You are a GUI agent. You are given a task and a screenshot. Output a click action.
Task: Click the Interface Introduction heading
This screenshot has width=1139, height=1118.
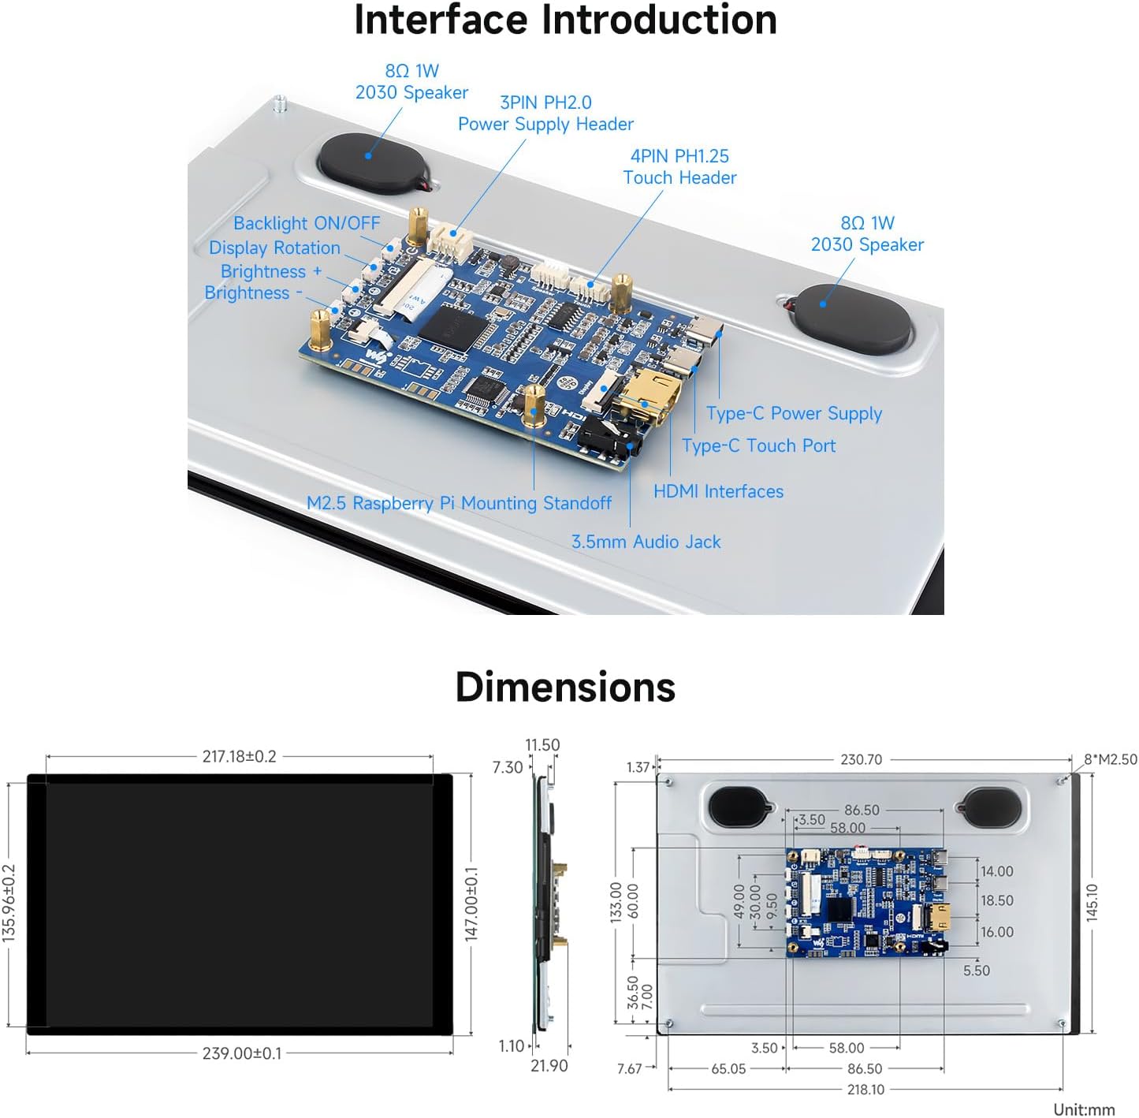(x=565, y=20)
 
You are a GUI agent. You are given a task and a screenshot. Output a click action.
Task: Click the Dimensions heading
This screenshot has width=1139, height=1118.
(x=565, y=687)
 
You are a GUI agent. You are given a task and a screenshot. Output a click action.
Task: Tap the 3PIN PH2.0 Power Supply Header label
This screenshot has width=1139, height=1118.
(x=545, y=114)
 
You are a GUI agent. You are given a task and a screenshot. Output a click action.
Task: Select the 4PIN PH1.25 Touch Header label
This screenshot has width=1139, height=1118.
(x=679, y=167)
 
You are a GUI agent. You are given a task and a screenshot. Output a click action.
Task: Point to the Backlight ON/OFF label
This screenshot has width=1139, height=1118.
(x=307, y=224)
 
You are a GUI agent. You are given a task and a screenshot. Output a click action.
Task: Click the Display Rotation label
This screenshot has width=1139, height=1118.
(x=274, y=248)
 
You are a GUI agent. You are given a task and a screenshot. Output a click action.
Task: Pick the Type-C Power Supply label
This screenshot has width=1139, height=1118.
(x=794, y=414)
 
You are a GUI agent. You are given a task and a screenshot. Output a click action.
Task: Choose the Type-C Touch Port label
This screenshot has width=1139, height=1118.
(x=758, y=446)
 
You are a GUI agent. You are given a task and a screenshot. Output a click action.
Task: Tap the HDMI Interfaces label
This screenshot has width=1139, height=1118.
(x=718, y=492)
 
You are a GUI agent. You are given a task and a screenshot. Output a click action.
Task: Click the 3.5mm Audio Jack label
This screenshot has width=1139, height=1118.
(x=646, y=542)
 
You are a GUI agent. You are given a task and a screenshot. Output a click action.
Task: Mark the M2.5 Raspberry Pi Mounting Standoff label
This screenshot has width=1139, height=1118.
(x=459, y=503)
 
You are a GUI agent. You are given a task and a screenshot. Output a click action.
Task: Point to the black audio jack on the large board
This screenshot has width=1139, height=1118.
(x=609, y=442)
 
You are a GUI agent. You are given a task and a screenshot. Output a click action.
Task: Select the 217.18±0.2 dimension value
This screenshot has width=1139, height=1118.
(x=239, y=757)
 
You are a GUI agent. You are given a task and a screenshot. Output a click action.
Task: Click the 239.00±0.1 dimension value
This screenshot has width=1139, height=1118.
(x=241, y=1053)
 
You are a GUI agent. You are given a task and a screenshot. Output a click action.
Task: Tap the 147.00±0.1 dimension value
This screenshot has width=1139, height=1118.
(x=471, y=904)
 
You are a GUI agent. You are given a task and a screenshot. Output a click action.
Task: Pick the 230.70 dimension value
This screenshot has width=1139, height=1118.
(x=861, y=760)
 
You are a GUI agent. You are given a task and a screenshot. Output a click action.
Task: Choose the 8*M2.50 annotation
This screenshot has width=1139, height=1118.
(x=1110, y=759)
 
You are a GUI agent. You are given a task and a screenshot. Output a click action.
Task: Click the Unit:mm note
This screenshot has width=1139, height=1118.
(x=1084, y=1109)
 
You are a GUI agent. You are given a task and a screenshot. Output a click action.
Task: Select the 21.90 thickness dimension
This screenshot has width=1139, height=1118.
(x=549, y=1066)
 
